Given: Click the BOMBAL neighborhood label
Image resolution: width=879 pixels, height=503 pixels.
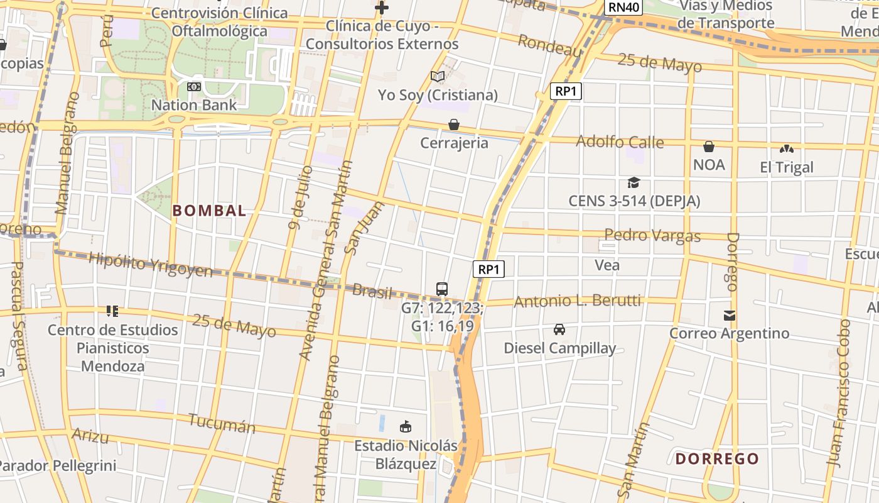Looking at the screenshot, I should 209,211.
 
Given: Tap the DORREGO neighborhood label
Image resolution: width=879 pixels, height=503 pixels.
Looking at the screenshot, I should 717,459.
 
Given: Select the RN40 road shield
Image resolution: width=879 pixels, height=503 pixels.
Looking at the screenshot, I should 623,8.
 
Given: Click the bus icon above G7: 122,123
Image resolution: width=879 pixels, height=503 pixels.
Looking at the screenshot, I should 442,289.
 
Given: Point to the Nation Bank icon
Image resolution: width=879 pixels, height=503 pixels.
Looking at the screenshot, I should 194,87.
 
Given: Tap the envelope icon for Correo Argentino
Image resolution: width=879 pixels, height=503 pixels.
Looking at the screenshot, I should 729,316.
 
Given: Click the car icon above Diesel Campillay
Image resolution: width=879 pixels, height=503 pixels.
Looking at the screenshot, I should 559,329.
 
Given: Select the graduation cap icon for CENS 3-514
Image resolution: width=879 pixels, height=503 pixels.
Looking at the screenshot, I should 634,183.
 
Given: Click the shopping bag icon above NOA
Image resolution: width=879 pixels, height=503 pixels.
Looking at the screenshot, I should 709,146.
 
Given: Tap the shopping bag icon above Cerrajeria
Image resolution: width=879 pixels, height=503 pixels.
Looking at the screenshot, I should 454,124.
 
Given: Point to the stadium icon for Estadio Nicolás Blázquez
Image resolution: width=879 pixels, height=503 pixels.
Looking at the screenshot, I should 406,427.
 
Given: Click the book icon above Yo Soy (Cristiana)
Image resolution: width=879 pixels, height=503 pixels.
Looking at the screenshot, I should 438,77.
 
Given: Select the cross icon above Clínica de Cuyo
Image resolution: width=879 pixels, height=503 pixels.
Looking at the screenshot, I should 381,8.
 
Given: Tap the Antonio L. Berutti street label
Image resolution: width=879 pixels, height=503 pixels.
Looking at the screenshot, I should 578,302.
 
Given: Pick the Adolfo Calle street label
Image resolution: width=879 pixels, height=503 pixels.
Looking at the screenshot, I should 620,142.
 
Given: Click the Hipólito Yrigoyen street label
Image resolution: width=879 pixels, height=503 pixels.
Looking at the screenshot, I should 151,265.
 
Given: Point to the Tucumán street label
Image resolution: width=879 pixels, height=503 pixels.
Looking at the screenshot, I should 222,424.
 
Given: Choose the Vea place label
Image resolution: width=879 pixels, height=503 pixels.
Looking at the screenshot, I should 607,265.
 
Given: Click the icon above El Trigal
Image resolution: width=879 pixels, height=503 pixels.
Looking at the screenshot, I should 786,149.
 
